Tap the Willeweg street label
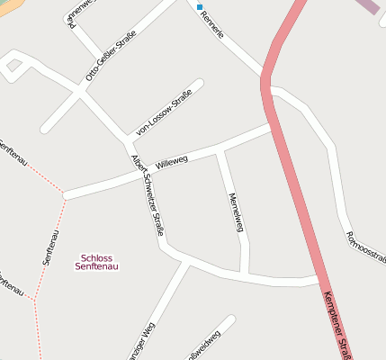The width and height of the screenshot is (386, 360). click(x=171, y=162)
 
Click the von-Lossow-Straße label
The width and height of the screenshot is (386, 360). click(x=164, y=118)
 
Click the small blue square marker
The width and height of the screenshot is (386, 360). click(x=200, y=6)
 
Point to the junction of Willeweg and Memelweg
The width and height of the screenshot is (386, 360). click(x=219, y=149)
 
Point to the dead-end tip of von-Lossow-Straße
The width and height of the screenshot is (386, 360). click(x=199, y=84)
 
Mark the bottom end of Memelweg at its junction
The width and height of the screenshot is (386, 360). click(x=244, y=273)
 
